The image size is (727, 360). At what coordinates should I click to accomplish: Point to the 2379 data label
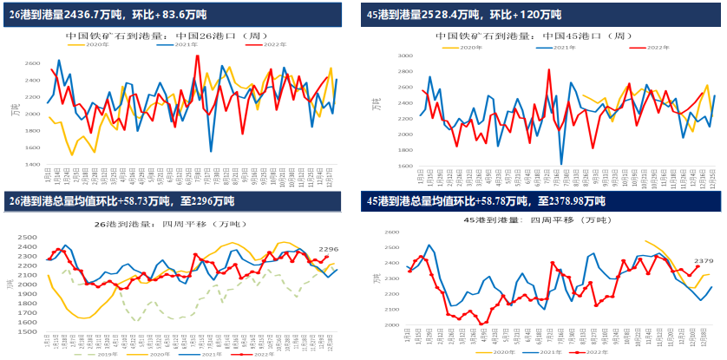703,259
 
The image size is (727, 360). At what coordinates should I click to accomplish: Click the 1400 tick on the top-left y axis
32,163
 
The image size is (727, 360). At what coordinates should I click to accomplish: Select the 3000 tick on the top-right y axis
404,56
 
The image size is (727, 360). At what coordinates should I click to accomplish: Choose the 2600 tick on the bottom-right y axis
392,232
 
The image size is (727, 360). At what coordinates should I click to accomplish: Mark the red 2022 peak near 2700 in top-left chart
198,56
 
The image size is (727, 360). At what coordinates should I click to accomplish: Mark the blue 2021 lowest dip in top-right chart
561,163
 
